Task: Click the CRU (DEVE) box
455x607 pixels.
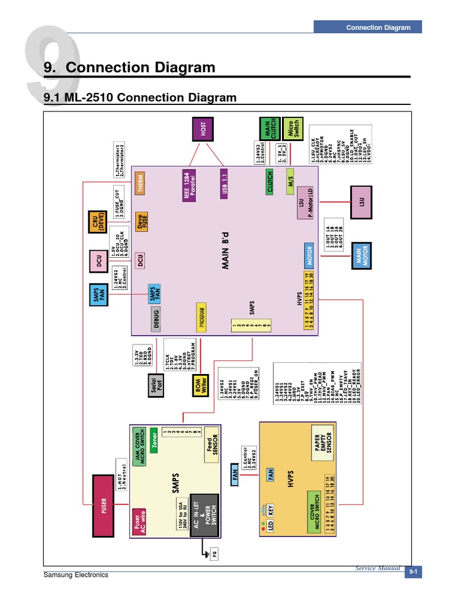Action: click(97, 224)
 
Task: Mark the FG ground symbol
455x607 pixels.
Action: click(214, 554)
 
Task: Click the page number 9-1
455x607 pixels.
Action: click(413, 571)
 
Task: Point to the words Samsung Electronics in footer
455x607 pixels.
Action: click(76, 574)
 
